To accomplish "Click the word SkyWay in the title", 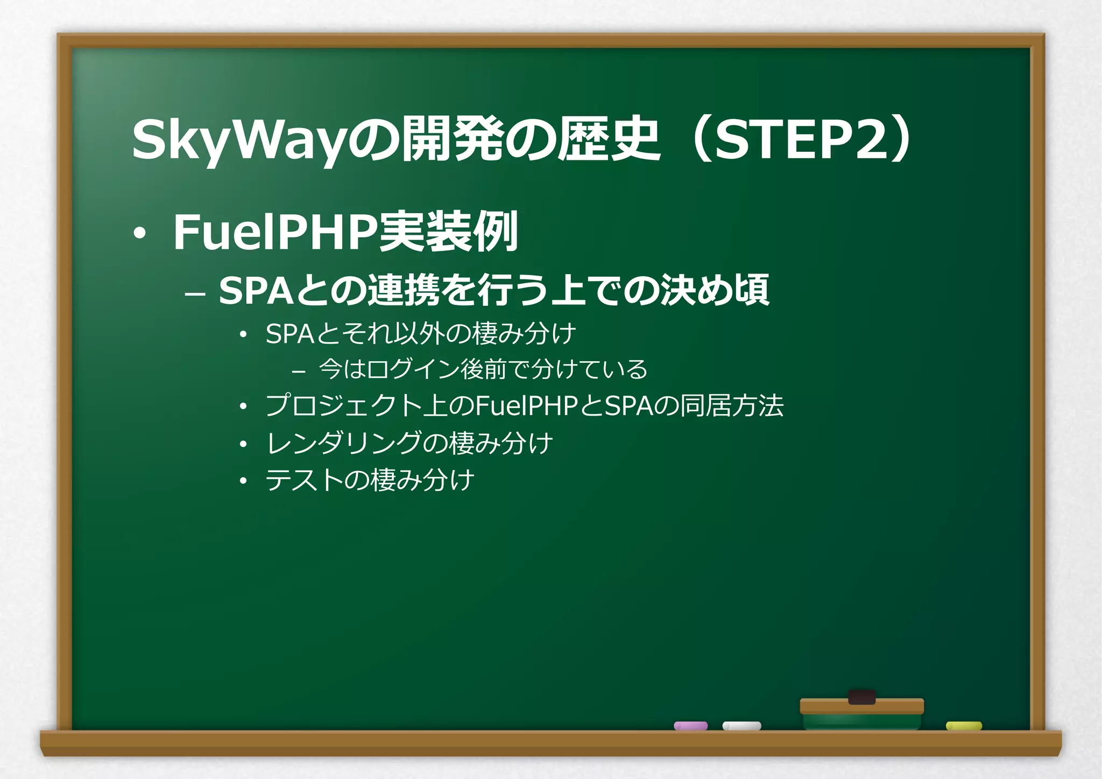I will (237, 140).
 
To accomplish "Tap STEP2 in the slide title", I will (799, 140).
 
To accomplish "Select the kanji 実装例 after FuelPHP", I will (448, 232).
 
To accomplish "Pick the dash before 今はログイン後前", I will (298, 371).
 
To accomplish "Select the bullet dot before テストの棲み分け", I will (243, 481).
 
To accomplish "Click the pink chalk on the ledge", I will (690, 726).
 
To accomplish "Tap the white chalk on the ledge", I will (741, 726).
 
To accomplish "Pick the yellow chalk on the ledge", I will (964, 726).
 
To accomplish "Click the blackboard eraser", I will (861, 713).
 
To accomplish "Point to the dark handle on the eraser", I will (861, 697).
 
